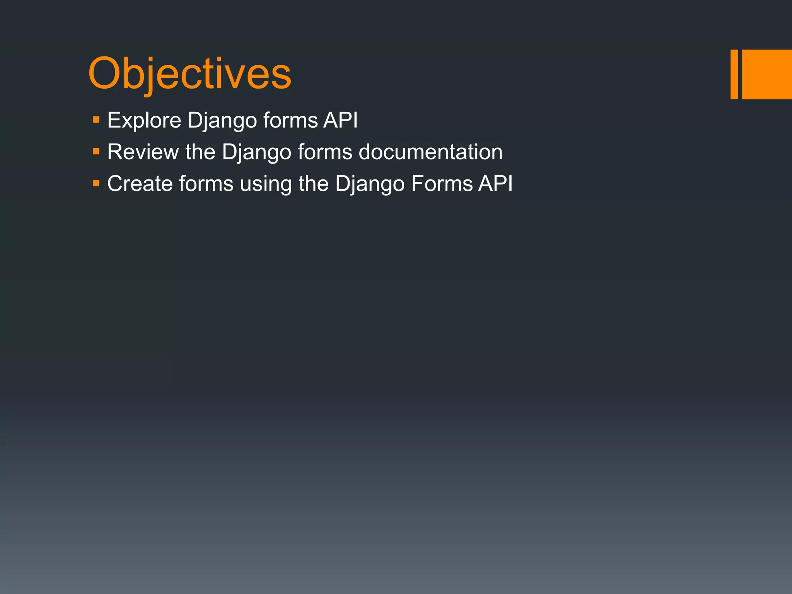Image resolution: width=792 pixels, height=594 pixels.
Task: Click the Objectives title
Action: point(189,73)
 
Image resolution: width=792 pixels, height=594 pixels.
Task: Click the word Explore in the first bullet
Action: point(144,120)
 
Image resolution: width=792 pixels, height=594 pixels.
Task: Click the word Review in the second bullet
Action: point(143,152)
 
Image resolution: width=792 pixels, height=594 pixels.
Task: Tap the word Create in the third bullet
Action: point(140,184)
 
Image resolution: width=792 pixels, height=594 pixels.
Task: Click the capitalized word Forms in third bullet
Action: point(442,184)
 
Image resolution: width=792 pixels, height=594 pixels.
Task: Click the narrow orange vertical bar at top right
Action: point(734,74)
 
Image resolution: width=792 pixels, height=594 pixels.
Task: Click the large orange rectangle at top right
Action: point(767,74)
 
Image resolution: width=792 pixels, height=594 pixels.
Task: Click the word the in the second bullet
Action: point(200,152)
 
